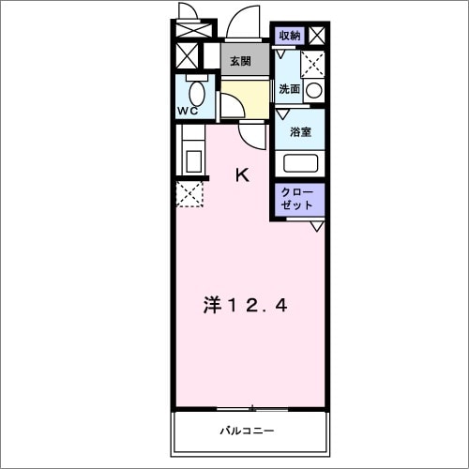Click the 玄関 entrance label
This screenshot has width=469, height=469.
pyautogui.click(x=240, y=62)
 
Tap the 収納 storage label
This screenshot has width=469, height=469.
pyautogui.click(x=290, y=36)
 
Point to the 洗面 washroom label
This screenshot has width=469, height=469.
pyautogui.click(x=289, y=90)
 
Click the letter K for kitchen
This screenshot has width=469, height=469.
pyautogui.click(x=242, y=174)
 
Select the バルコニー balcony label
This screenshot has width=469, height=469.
pyautogui.click(x=248, y=431)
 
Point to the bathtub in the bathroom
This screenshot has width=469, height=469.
pyautogui.click(x=301, y=162)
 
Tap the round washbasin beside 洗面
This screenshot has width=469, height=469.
pyautogui.click(x=314, y=91)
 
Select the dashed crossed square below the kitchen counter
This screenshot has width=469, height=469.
pyautogui.click(x=190, y=194)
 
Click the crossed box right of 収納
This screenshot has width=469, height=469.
pyautogui.click(x=317, y=37)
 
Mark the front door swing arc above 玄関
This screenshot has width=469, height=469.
pyautogui.click(x=248, y=23)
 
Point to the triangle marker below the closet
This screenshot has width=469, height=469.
pyautogui.click(x=316, y=225)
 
